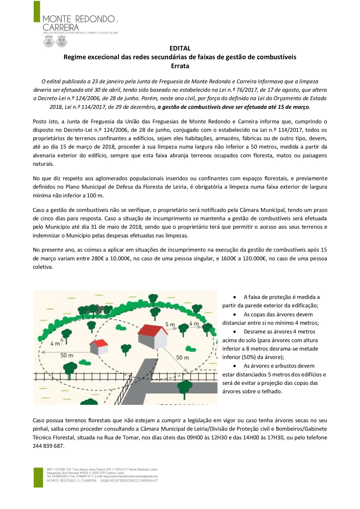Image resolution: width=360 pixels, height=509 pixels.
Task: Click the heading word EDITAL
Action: point(180,48)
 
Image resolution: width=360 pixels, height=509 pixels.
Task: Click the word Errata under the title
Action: point(180,66)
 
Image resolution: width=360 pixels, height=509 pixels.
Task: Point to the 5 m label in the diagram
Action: point(170,324)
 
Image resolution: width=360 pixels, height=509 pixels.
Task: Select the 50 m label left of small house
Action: point(67,355)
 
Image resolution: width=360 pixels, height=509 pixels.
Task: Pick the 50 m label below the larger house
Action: point(183,357)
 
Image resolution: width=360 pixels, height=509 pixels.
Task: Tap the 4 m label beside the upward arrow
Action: point(55,344)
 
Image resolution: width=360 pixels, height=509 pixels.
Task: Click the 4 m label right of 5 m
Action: point(194,324)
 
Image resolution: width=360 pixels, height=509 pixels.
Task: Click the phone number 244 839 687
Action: point(48,446)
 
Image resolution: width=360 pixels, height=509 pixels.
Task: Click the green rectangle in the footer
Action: point(38,477)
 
